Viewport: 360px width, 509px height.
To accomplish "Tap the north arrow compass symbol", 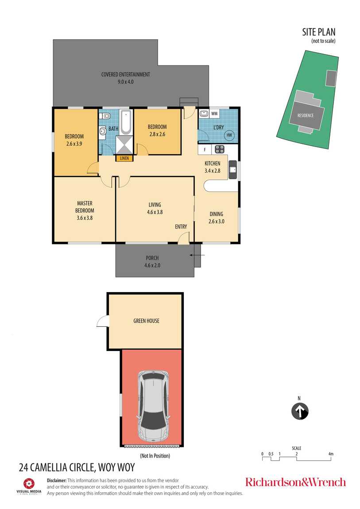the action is click(300, 411).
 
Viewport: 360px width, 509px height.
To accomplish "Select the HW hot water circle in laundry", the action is click(229, 135).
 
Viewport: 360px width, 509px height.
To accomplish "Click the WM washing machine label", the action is click(214, 114).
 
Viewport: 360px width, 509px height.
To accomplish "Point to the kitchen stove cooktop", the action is click(220, 149).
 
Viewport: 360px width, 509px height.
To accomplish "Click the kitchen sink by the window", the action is click(233, 170).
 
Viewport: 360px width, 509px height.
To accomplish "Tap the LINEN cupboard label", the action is click(124, 158).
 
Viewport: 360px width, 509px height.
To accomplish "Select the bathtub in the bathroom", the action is click(126, 122).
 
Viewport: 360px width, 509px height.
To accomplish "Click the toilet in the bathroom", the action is click(105, 116).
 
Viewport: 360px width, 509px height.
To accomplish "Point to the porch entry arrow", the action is click(197, 255).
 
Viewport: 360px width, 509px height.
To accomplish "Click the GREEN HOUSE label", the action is click(147, 321).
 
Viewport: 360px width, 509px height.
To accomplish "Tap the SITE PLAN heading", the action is click(319, 32).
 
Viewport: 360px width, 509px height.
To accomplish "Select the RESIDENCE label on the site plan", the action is click(306, 115).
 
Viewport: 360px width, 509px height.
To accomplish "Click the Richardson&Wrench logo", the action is click(295, 482).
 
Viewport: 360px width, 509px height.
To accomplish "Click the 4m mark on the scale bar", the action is click(331, 454).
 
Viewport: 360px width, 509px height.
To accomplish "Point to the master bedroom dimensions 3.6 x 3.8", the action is click(85, 218).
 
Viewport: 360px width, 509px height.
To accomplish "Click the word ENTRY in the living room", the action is click(181, 227).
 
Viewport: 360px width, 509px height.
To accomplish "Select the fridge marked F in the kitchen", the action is click(205, 150).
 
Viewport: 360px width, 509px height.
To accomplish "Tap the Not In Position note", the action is click(155, 456).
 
